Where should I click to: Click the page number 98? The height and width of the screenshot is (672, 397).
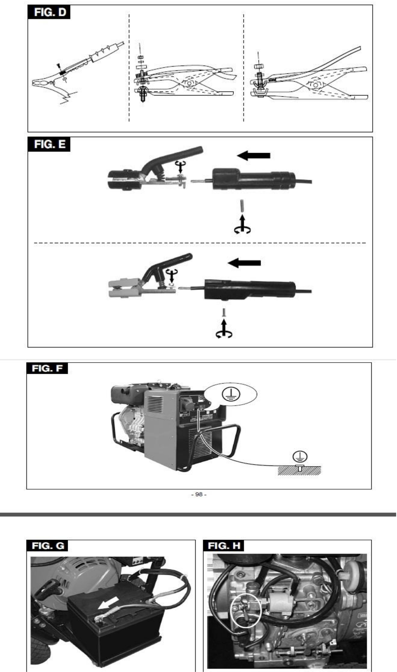coord(199,494)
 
